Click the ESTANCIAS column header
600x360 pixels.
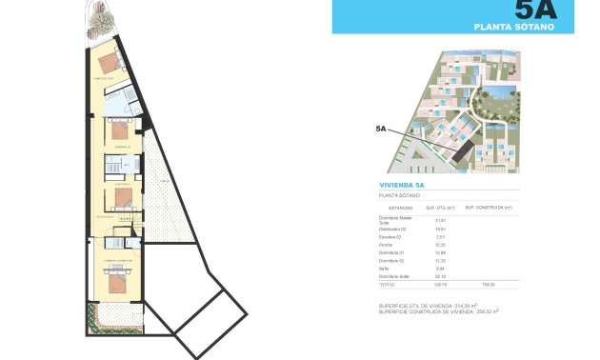pyautogui.click(x=401, y=207)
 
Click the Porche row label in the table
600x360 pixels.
pyautogui.click(x=386, y=244)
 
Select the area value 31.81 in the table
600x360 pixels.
pyautogui.click(x=440, y=220)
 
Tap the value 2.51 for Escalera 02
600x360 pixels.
pyautogui.click(x=440, y=236)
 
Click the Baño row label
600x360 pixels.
pyautogui.click(x=384, y=268)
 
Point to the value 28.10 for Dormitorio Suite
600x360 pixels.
pyautogui.click(x=440, y=276)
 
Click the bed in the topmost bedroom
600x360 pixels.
pyautogui.click(x=110, y=64)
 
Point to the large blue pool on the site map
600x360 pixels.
pyautogui.click(x=496, y=94)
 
